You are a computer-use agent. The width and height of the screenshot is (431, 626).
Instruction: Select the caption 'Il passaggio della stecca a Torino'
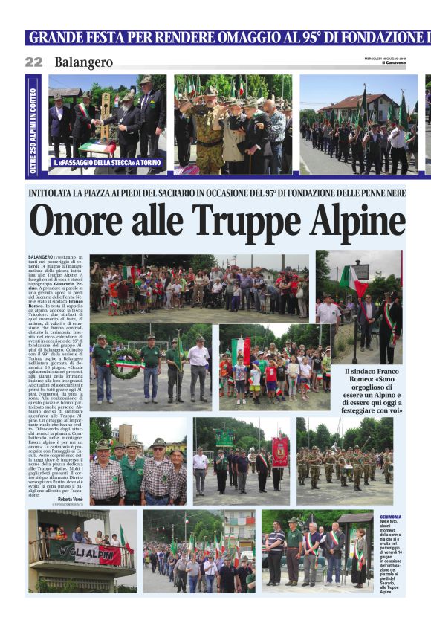[x=107, y=161]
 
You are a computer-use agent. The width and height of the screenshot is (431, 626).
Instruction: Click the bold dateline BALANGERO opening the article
[x=41, y=256]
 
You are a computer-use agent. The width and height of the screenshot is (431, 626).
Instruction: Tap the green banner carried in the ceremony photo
[x=224, y=438]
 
